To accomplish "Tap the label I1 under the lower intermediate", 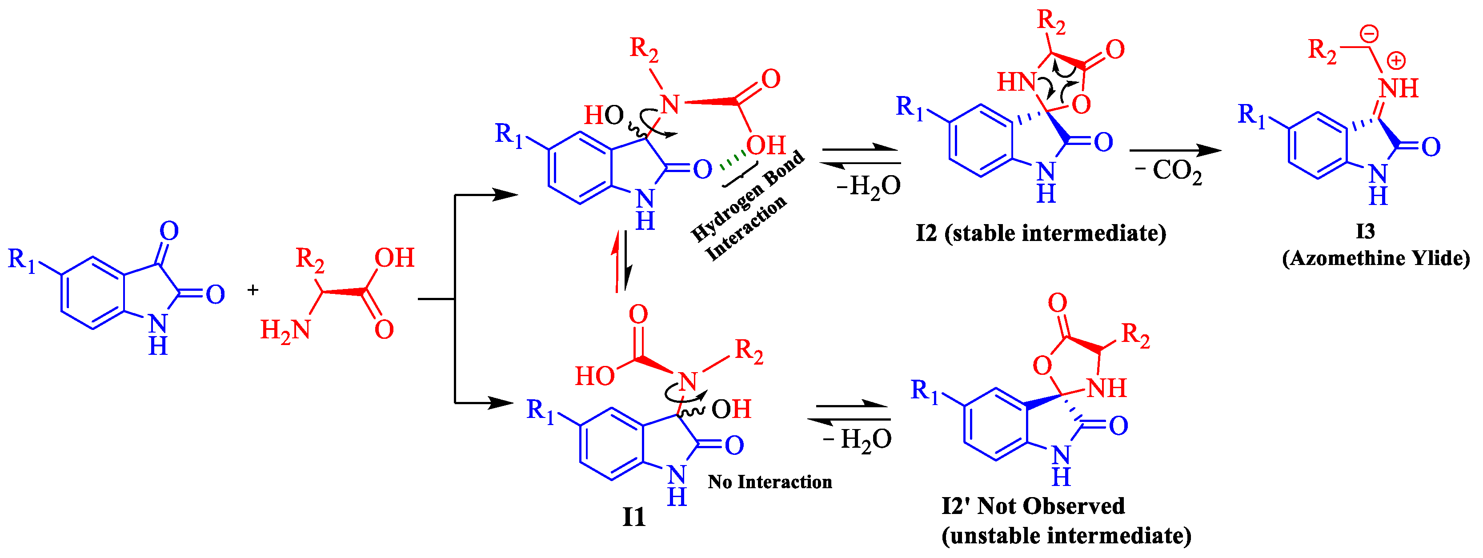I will point(634,517).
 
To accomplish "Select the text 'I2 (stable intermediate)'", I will point(1041,233).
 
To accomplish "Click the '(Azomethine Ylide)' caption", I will point(1376,258).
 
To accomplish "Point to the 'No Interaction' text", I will point(770,482).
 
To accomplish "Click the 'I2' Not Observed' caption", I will point(1033,506).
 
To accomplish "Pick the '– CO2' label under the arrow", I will point(1169,172).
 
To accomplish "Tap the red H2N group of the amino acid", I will point(285,330).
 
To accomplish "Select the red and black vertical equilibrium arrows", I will point(622,261).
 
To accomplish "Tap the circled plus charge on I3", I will point(1396,60).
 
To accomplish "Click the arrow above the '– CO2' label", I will point(1174,151).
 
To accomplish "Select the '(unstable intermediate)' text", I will point(1066,535).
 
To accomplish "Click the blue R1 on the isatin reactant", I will point(22,260).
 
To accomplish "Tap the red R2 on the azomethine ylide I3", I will point(1323,51).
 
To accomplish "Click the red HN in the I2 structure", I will point(1017,82).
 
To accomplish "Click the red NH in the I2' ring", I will point(1106,388).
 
